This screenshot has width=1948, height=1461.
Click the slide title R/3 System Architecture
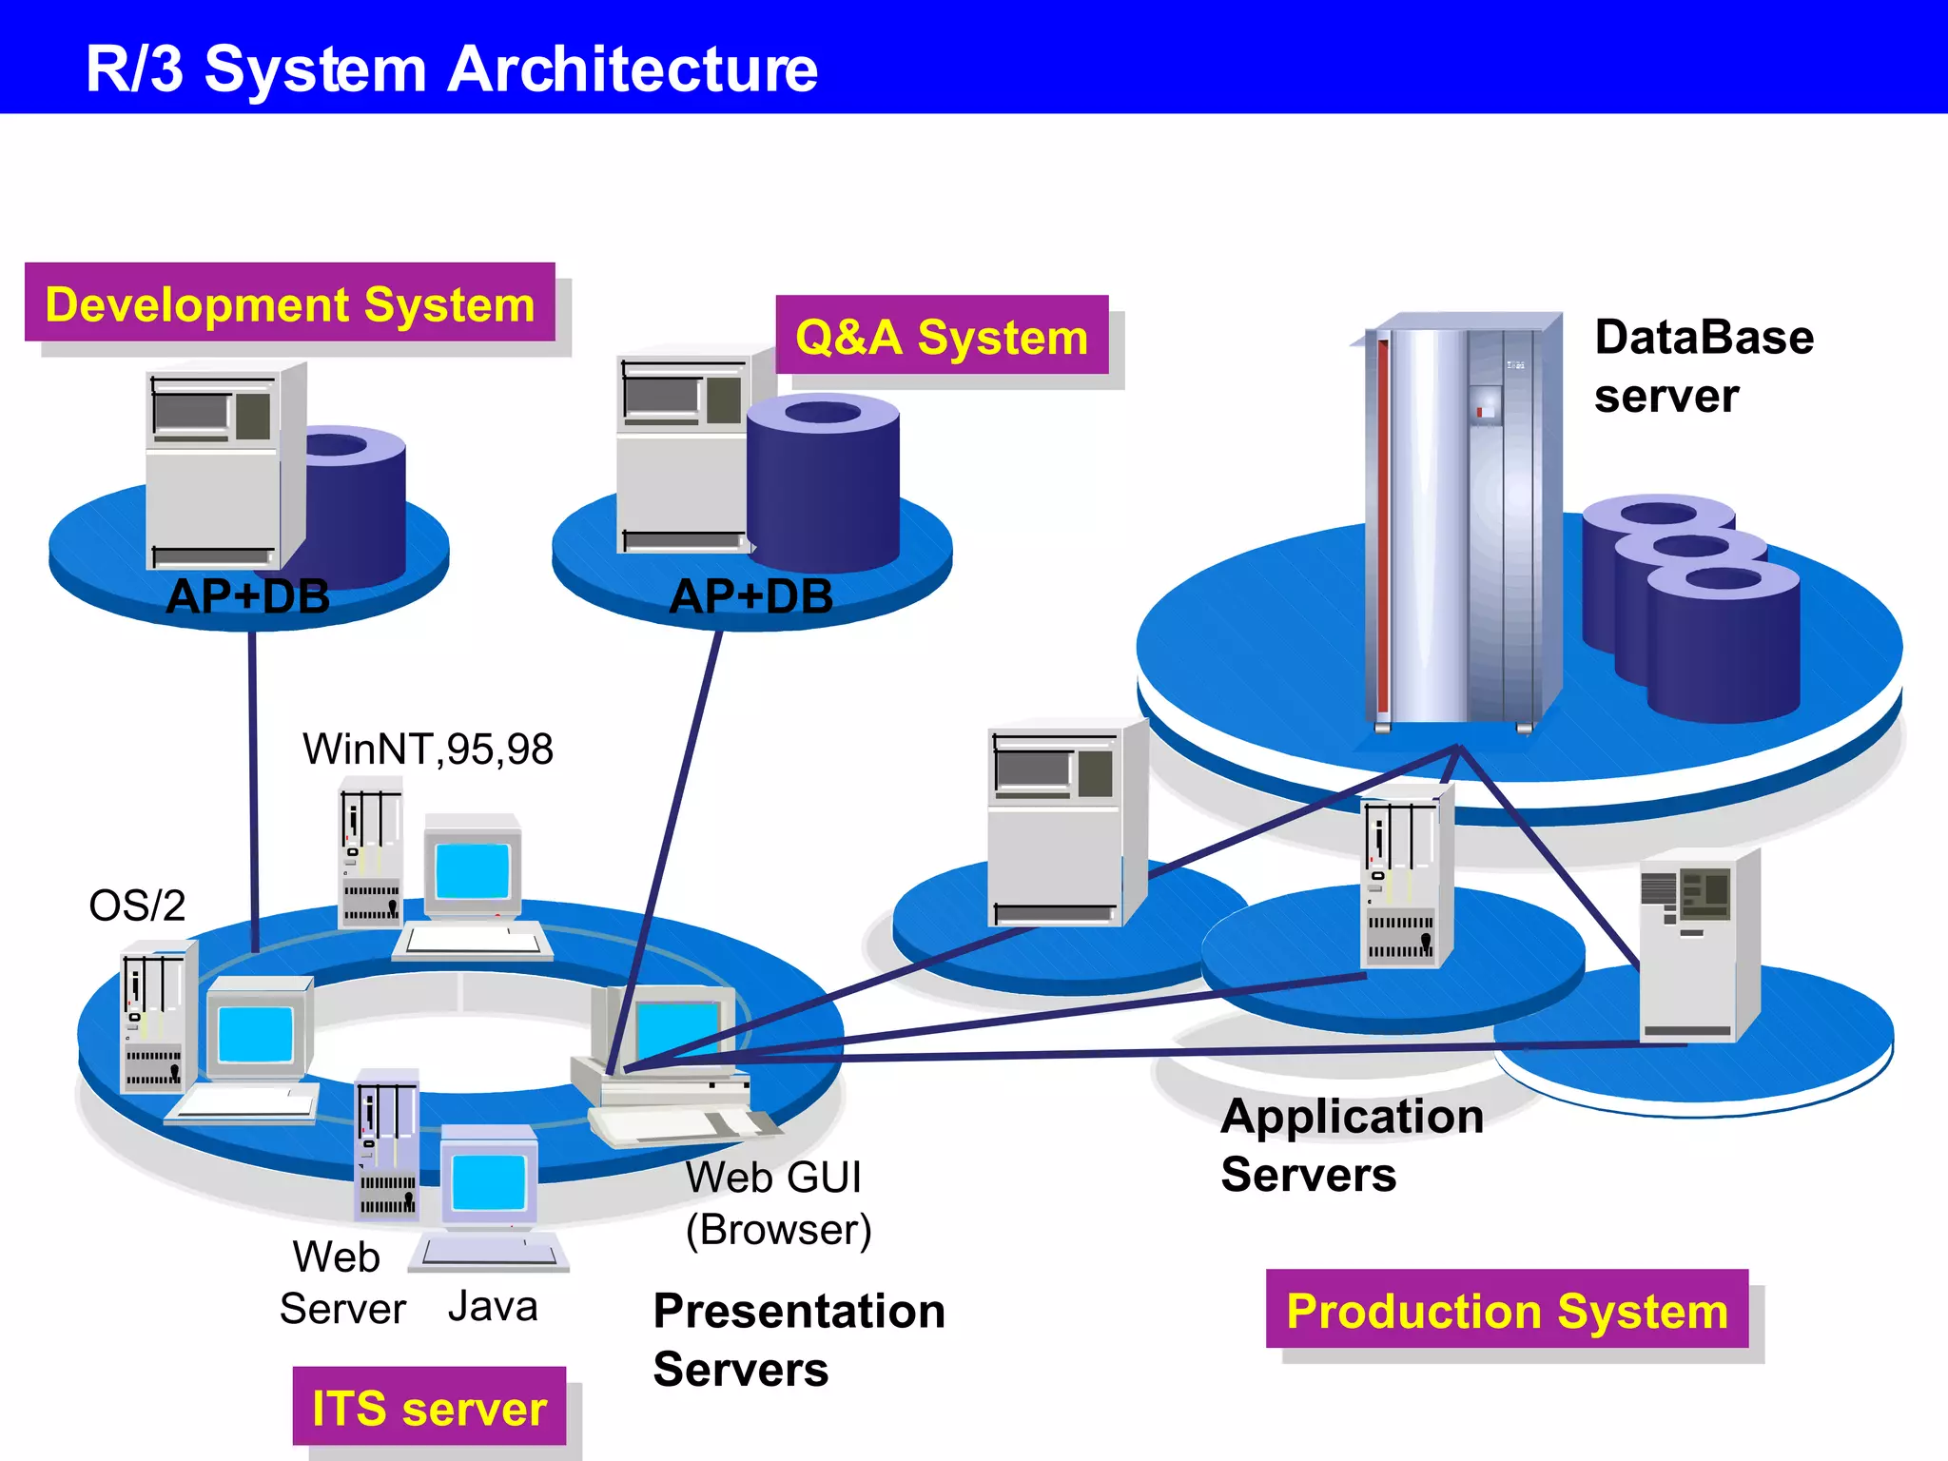point(451,68)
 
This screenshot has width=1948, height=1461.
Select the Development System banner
point(290,304)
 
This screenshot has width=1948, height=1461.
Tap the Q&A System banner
point(942,337)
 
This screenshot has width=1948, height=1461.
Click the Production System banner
point(1507,1311)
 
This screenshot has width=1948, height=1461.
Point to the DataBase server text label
point(1703,366)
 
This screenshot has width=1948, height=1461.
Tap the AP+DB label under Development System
point(247,597)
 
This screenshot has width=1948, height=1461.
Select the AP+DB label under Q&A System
point(750,597)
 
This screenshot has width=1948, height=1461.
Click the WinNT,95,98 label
point(427,750)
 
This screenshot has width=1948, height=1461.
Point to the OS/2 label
point(137,906)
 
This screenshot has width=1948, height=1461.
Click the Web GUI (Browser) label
point(777,1203)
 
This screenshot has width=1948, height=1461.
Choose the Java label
point(493,1306)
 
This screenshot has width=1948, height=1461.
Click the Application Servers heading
point(1351,1144)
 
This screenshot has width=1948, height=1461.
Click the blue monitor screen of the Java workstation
point(489,1181)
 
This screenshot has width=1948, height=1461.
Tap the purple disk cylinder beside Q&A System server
point(824,485)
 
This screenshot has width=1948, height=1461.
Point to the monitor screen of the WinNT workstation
point(472,868)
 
